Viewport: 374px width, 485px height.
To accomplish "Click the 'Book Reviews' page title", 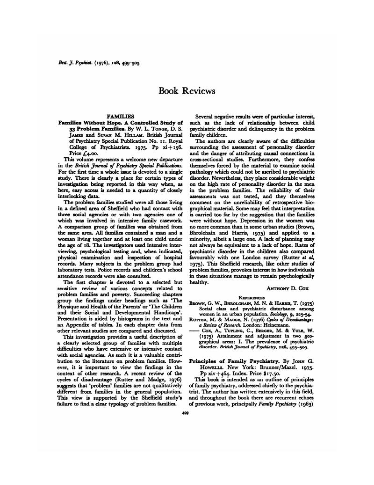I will pyautogui.click(x=187, y=90).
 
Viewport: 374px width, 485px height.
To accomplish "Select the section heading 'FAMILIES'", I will pyautogui.click(x=120, y=116).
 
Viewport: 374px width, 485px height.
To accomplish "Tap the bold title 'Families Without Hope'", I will pyautogui.click(x=89, y=122).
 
